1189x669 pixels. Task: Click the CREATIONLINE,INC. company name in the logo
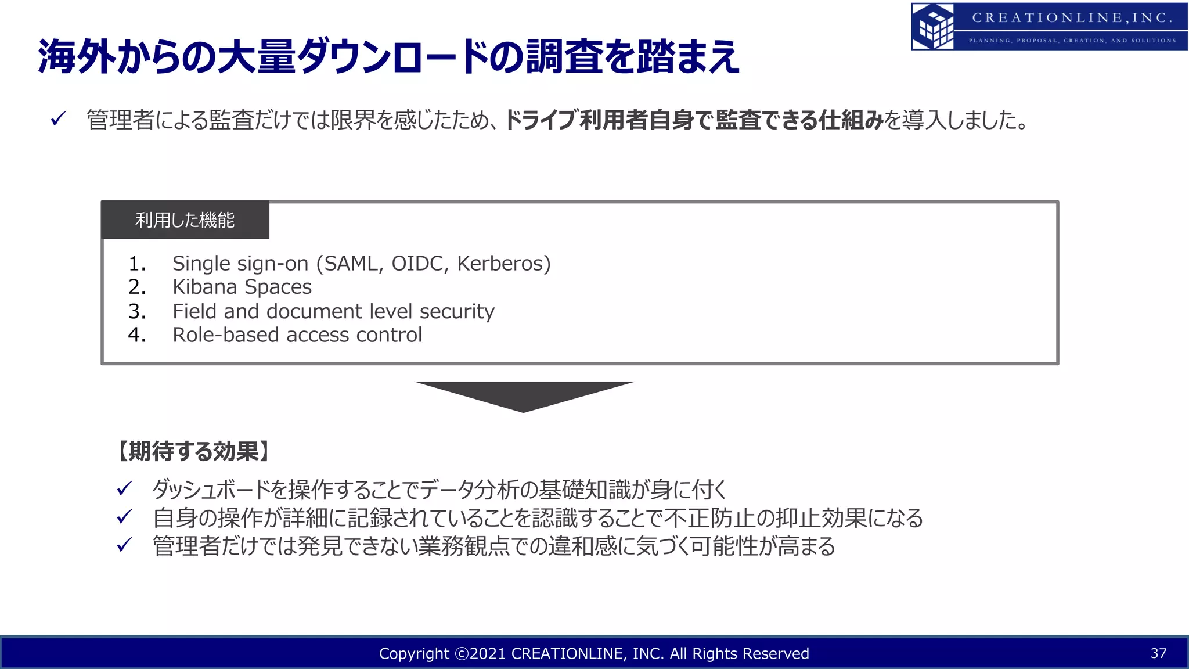[x=1072, y=18]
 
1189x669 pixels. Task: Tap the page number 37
[x=1158, y=653]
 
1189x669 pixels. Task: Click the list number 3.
[x=137, y=311]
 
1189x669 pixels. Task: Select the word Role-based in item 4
[x=226, y=335]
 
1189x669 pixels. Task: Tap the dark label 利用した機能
[x=185, y=220]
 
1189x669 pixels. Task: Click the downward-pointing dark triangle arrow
[x=524, y=395]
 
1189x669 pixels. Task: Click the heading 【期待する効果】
[x=194, y=451]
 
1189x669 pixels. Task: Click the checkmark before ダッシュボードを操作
[x=125, y=489]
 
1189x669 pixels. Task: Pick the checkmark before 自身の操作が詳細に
[x=125, y=517]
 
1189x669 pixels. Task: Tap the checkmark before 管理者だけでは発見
[x=125, y=545]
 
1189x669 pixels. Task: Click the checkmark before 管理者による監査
[x=59, y=119]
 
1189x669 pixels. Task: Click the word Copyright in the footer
[x=414, y=654]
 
